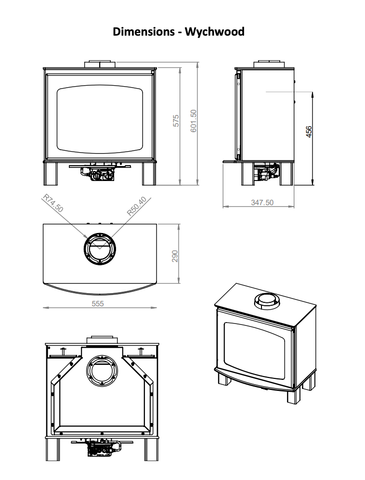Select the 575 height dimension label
click(176, 121)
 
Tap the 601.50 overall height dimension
click(194, 121)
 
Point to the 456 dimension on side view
click(309, 131)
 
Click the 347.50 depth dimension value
click(262, 203)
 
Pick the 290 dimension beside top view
click(175, 256)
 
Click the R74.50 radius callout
click(53, 203)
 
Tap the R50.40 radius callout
click(136, 206)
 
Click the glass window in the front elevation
click(100, 118)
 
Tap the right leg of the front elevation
click(149, 174)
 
